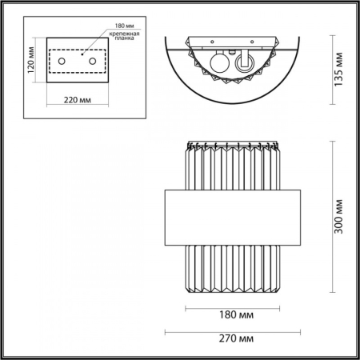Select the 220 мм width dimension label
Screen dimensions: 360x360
click(x=78, y=102)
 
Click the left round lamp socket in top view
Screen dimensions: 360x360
click(x=218, y=64)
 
